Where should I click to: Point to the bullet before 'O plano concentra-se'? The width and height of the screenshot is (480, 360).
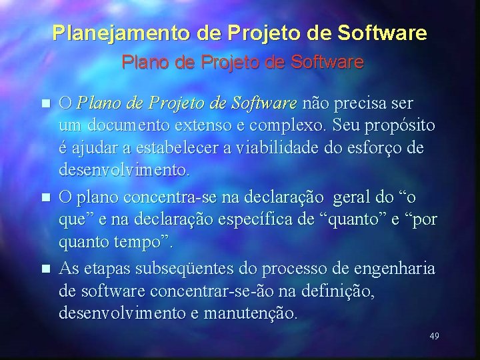[45, 197]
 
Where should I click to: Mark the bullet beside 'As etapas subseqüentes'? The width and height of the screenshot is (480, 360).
[45, 269]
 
